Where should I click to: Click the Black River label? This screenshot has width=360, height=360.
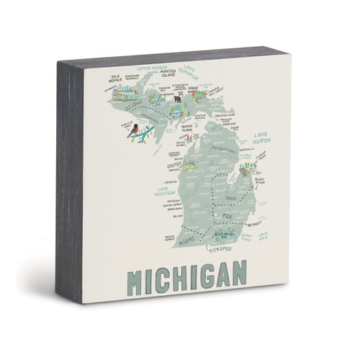(x=259, y=182)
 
